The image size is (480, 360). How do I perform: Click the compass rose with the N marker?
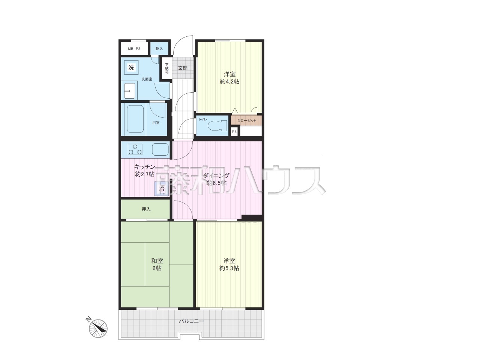pos(98,328)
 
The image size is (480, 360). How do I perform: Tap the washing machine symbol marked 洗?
pos(131,67)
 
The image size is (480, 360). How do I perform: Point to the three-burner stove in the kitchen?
pos(135,150)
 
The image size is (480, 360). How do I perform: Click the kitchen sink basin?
pos(160,149)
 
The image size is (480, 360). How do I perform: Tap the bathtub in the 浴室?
pos(135,119)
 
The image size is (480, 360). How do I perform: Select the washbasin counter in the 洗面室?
pos(129,90)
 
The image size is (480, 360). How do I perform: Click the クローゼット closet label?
pos(246,121)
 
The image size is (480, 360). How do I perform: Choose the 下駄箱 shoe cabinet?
pos(166,68)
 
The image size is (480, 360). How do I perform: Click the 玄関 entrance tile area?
pos(183,67)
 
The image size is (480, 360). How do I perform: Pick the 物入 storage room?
pos(159,48)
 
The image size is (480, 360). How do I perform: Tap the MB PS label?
pos(134,48)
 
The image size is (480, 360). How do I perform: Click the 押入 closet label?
pos(146,209)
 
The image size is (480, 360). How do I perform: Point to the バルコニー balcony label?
pos(191,321)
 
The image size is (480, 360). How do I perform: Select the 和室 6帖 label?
pos(157,264)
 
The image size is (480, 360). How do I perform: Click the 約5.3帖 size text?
pos(229,268)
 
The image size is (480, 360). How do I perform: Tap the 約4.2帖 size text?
pos(229,81)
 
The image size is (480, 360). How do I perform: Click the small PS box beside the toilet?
pos(234,132)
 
